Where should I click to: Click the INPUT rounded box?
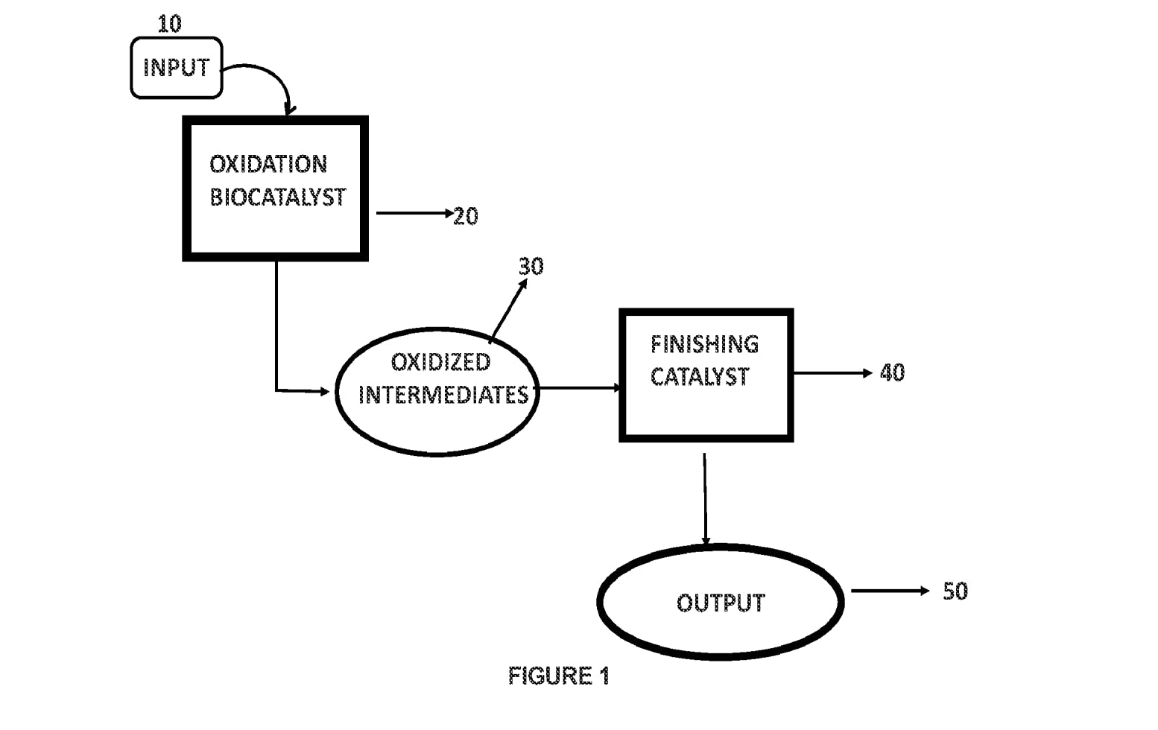pyautogui.click(x=177, y=68)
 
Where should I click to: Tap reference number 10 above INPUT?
pyautogui.click(x=169, y=24)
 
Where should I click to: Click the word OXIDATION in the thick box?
pyautogui.click(x=268, y=164)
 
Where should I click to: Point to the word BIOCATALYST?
pyautogui.click(x=277, y=197)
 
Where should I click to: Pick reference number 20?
pyautogui.click(x=466, y=217)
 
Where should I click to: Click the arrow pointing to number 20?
pyautogui.click(x=414, y=214)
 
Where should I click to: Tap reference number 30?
pyautogui.click(x=531, y=266)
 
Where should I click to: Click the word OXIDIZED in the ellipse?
pyautogui.click(x=440, y=362)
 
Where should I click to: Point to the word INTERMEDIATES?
pyautogui.click(x=443, y=395)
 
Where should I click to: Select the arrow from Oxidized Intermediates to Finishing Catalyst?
pyautogui.click(x=579, y=388)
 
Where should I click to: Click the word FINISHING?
pyautogui.click(x=704, y=344)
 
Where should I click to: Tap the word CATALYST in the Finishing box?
pyautogui.click(x=699, y=377)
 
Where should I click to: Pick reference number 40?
pyautogui.click(x=892, y=372)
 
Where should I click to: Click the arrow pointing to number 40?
pyautogui.click(x=832, y=372)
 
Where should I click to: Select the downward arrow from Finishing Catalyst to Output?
pyautogui.click(x=705, y=499)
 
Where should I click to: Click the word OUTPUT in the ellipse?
pyautogui.click(x=721, y=603)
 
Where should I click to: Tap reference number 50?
pyautogui.click(x=955, y=591)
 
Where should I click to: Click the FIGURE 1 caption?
pyautogui.click(x=559, y=676)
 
